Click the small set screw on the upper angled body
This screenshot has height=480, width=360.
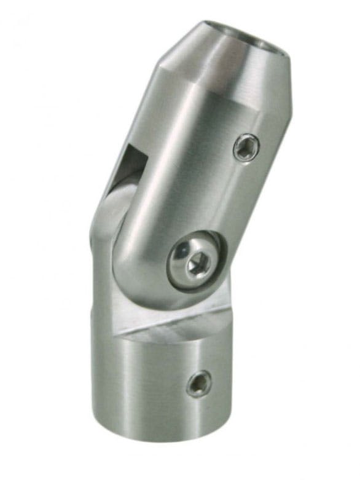246,148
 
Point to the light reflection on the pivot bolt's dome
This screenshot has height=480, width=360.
182,251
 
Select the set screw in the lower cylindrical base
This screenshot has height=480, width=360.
198,384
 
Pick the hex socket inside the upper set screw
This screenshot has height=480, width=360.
247,148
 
